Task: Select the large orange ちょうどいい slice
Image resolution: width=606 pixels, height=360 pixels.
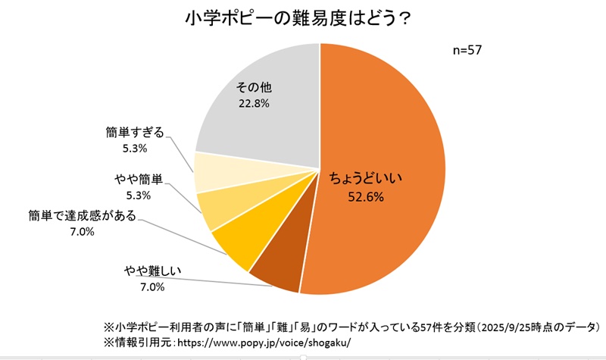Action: (394, 152)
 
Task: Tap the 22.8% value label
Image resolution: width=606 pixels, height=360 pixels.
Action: (255, 103)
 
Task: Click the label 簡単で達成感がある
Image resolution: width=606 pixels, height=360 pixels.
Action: (82, 216)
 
